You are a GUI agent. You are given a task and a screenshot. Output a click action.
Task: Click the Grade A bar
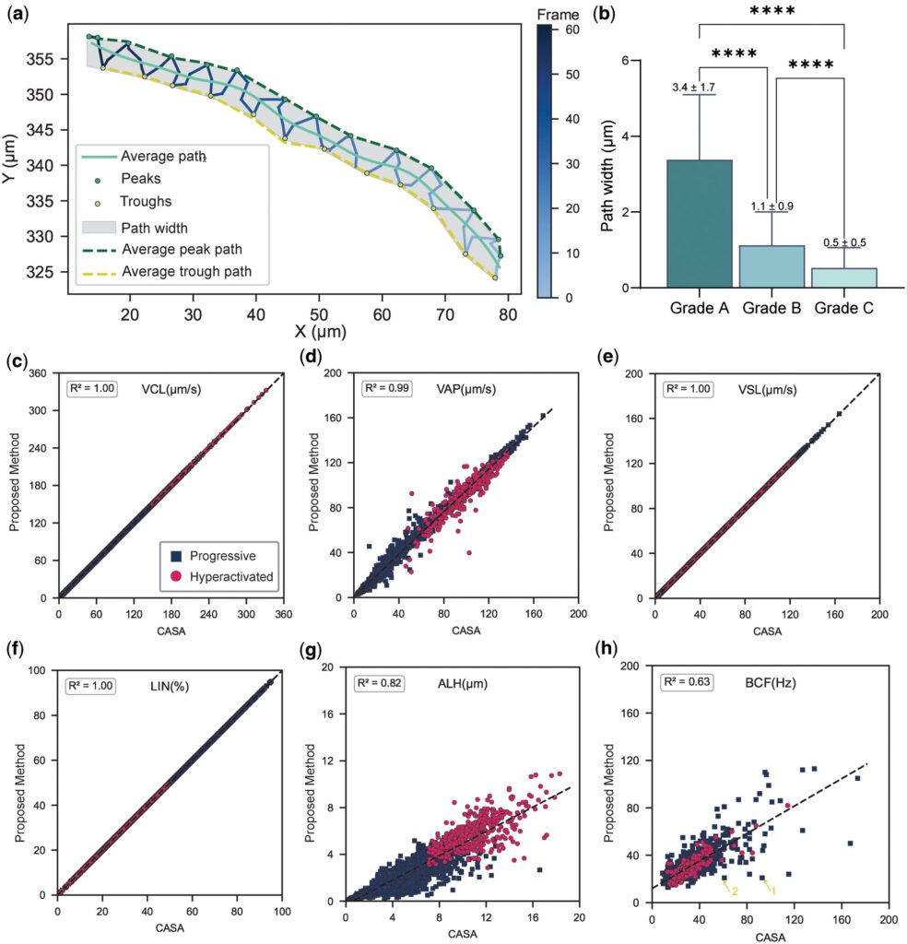coord(699,223)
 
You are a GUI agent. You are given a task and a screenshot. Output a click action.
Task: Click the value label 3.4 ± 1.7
coord(695,88)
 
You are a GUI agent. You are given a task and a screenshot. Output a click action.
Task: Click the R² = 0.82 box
coord(381,683)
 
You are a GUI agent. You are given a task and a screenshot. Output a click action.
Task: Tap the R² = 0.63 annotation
coord(688,683)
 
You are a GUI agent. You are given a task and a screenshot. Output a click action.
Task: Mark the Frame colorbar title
coord(558,14)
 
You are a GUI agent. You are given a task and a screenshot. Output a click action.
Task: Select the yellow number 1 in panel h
coord(773,890)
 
